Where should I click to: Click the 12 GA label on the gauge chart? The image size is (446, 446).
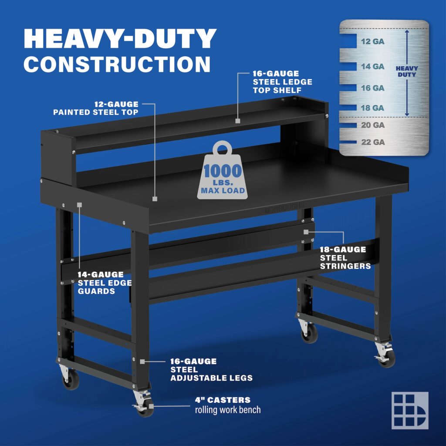pos(372,42)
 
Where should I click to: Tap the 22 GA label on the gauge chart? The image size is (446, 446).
pos(372,142)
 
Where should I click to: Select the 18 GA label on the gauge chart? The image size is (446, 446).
pos(372,108)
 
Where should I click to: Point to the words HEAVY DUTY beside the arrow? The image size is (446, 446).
pos(406,71)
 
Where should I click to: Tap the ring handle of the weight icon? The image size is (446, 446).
pos(223,148)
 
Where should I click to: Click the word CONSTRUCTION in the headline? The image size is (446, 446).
pos(117,64)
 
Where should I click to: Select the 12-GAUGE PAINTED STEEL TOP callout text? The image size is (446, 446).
pos(96,108)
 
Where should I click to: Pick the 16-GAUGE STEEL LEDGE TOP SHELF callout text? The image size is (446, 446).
pos(282,82)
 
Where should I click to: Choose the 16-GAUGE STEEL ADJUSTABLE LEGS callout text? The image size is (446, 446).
pos(211,370)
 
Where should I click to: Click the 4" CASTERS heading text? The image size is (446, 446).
pos(223,400)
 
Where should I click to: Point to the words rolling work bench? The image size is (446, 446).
pos(228,410)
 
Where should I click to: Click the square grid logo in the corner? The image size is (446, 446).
pos(409,410)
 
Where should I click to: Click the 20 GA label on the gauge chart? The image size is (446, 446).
pos(372,125)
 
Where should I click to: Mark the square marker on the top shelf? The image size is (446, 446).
pos(238,121)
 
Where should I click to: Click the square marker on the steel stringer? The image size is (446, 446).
pos(307,232)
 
